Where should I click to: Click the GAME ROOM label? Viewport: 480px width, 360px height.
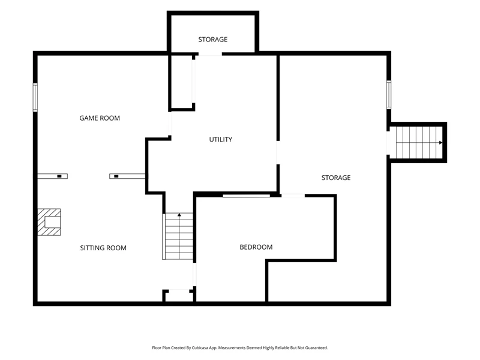[100, 118]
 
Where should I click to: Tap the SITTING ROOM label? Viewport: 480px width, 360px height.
[103, 248]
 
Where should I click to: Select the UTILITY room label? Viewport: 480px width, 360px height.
[220, 140]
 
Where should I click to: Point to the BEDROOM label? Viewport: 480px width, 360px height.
[256, 247]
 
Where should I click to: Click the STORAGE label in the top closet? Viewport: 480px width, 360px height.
[213, 40]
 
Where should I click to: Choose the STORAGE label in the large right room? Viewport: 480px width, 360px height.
[336, 178]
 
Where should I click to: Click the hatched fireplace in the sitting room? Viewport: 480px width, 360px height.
[49, 222]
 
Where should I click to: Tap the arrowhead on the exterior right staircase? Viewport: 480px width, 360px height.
[440, 143]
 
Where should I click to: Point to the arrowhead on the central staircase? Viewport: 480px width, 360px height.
[179, 215]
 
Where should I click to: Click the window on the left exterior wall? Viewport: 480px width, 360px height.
[35, 97]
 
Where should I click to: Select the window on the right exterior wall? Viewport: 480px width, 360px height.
[389, 95]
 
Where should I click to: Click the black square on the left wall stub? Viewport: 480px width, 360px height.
[59, 176]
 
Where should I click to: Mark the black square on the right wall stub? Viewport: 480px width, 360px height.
[116, 176]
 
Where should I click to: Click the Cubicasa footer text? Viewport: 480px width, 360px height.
[239, 348]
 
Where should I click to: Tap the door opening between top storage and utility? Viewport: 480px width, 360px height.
[210, 54]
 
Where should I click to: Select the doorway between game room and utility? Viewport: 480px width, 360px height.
[170, 123]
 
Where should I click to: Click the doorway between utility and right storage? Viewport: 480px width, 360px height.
[278, 152]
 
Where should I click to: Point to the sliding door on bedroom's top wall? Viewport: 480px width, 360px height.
[247, 196]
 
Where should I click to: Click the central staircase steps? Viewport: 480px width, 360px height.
[179, 236]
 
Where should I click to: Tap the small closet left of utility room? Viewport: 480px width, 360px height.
[181, 82]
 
